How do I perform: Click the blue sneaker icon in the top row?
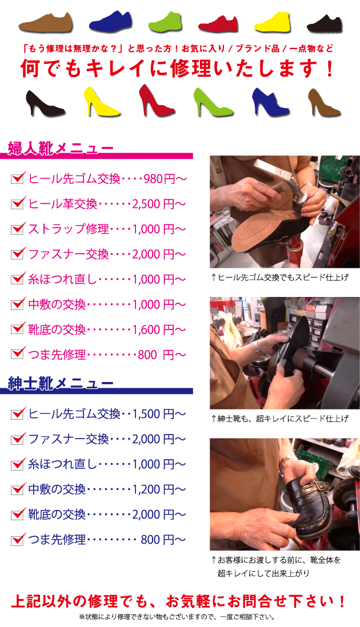(110, 21)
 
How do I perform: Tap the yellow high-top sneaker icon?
(273, 22)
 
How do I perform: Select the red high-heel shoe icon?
(157, 100)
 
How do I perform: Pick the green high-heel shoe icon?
(213, 102)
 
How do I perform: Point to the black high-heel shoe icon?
(45, 103)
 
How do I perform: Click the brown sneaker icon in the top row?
(46, 22)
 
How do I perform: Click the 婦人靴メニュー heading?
(61, 148)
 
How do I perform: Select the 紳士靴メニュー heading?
(61, 383)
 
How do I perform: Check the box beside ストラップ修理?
(18, 228)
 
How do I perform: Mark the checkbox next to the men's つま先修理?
(18, 539)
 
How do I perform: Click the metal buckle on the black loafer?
(317, 487)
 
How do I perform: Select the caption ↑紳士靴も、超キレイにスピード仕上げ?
(279, 419)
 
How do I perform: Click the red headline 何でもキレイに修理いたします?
(178, 69)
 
